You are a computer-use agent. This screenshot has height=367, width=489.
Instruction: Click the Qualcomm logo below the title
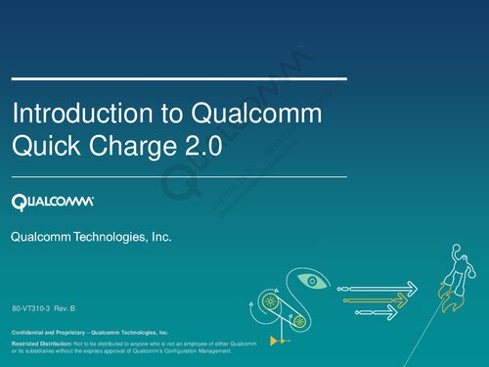(x=53, y=202)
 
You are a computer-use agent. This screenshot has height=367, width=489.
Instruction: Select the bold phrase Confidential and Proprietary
(x=49, y=334)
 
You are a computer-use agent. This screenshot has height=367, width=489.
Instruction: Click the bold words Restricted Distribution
(x=41, y=344)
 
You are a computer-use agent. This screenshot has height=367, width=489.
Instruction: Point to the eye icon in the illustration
(x=310, y=281)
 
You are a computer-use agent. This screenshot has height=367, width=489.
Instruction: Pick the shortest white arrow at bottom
(x=376, y=310)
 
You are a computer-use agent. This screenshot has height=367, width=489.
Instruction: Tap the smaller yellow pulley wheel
(x=299, y=320)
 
